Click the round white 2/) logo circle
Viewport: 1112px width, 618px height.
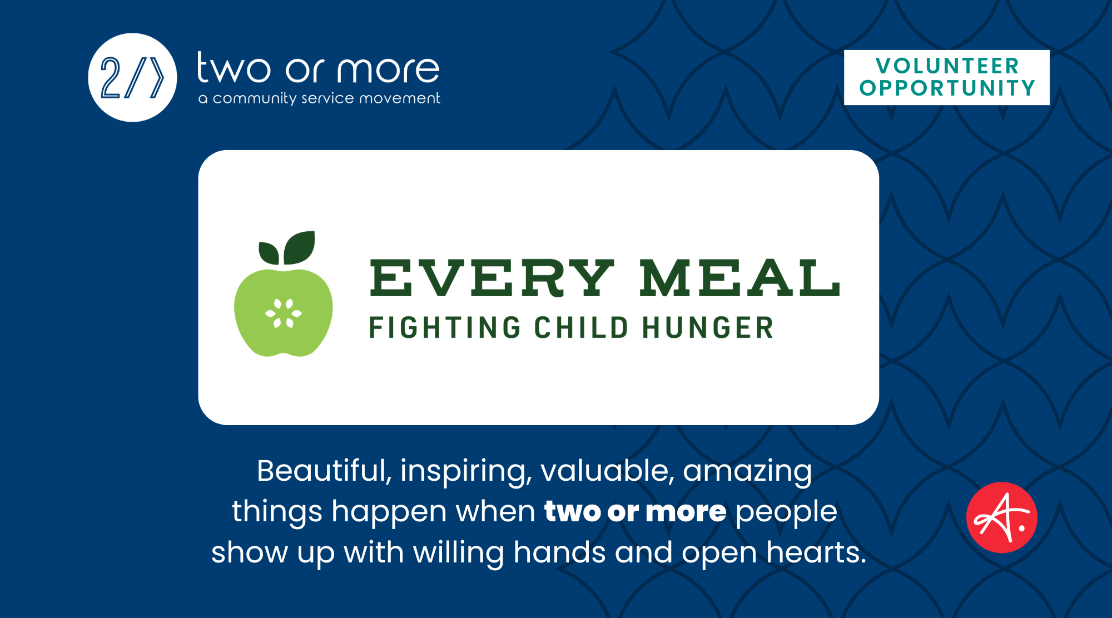tap(132, 78)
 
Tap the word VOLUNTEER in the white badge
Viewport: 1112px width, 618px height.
tap(947, 66)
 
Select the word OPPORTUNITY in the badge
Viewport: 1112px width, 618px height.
tap(947, 88)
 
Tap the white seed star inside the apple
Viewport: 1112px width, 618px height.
tap(284, 313)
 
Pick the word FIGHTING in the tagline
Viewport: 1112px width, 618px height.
tap(445, 327)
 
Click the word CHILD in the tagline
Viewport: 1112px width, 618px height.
tap(581, 327)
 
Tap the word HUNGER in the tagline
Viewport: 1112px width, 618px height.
tap(708, 327)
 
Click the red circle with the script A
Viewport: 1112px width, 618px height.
tap(1002, 517)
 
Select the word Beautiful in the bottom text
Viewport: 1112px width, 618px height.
tap(324, 471)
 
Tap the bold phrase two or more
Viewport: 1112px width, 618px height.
tap(636, 512)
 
